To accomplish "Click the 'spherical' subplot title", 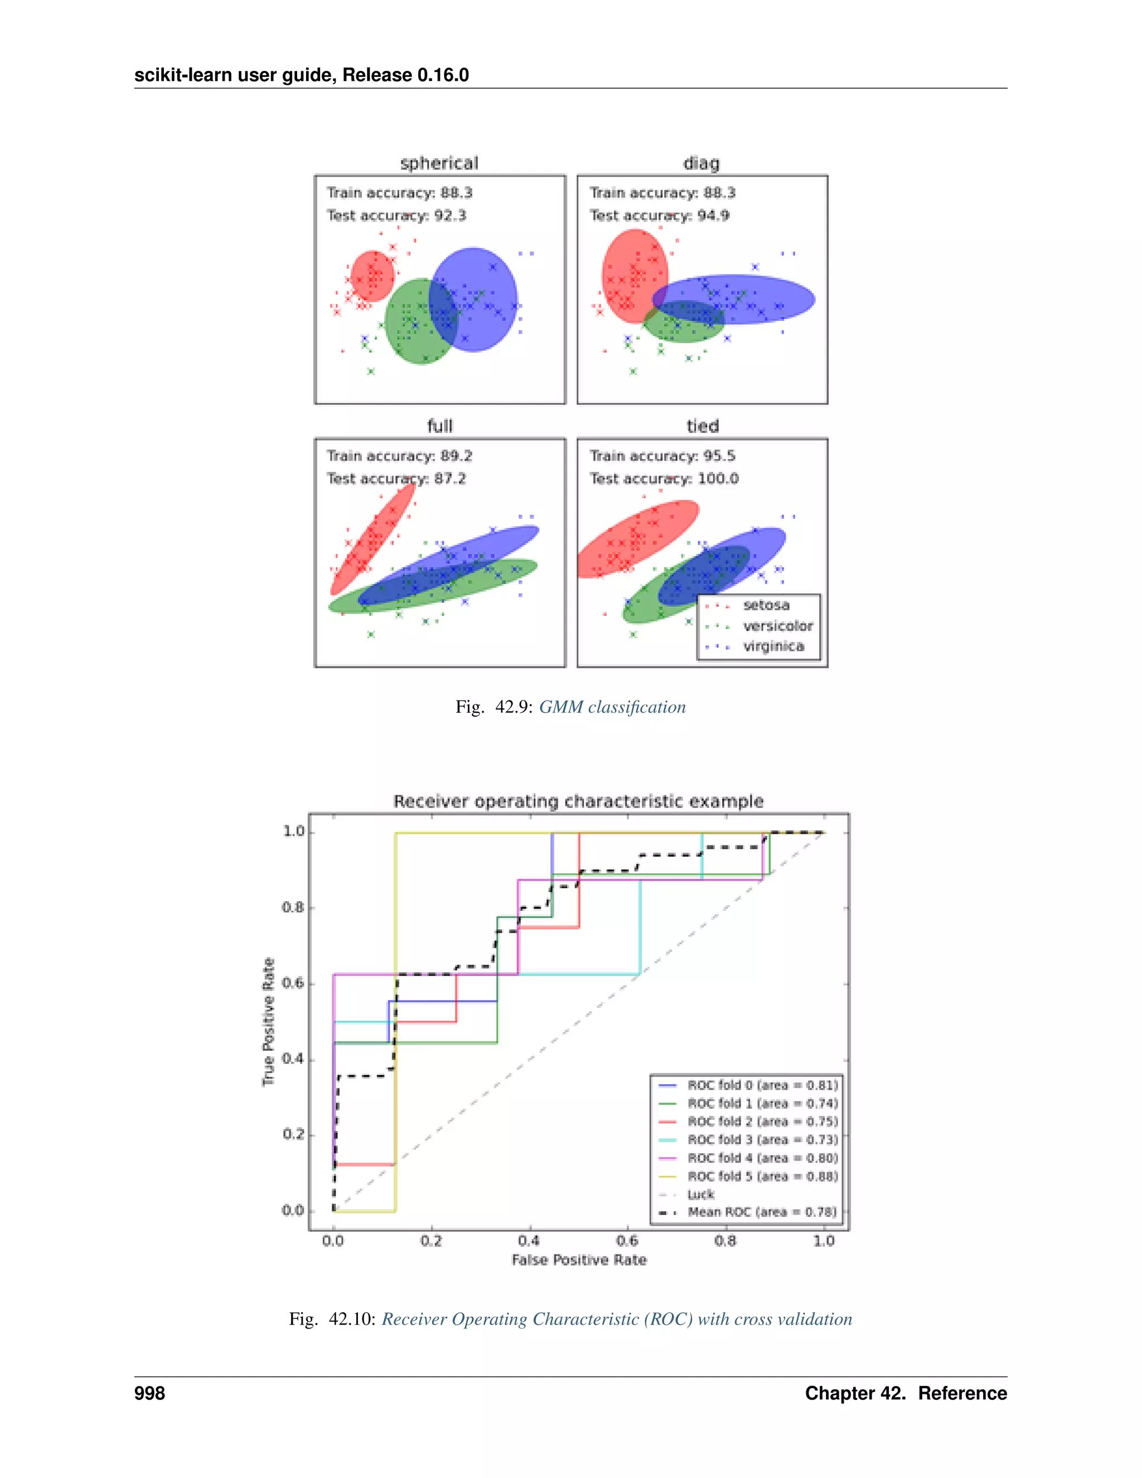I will point(439,163).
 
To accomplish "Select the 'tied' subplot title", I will point(702,426).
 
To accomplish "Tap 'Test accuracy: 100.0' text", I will point(664,479).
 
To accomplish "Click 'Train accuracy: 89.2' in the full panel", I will point(399,456).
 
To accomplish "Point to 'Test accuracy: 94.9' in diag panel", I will point(659,215).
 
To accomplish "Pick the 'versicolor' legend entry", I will point(777,626).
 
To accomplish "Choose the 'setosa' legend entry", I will point(766,605).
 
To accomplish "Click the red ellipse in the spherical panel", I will point(372,276).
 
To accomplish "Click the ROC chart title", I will point(578,801).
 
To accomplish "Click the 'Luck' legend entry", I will point(701,1195).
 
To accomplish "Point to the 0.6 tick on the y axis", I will point(294,983).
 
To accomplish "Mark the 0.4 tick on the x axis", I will point(529,1240).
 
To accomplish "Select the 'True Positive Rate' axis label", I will point(269,1022).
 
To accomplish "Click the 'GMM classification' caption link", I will point(612,707).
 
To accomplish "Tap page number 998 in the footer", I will point(149,1393).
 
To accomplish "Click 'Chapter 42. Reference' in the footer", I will point(905,1393).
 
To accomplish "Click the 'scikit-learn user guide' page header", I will point(301,74).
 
